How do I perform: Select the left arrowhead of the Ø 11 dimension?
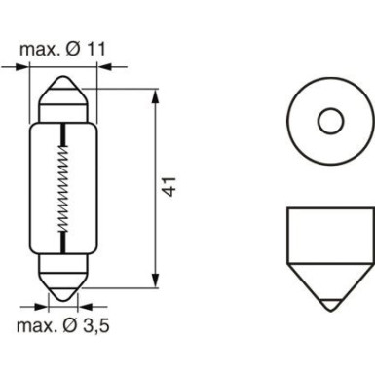pos(26,66)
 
